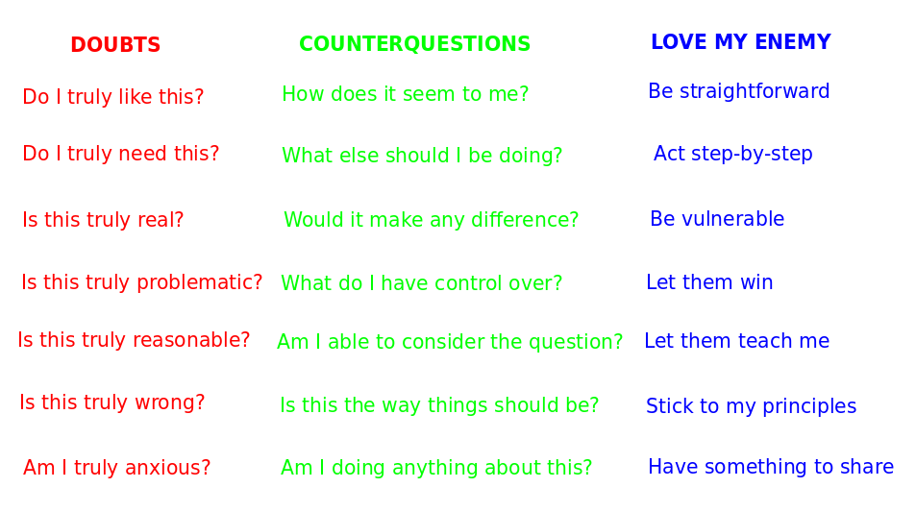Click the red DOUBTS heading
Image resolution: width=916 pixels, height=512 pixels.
tap(115, 45)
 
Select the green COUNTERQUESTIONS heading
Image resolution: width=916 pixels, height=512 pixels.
tap(415, 44)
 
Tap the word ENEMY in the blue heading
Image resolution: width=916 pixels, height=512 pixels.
tap(793, 42)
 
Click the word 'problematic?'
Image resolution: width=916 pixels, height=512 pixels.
tap(200, 282)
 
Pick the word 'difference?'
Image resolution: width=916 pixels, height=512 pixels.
tap(525, 220)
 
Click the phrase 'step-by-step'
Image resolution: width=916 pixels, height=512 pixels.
tap(752, 154)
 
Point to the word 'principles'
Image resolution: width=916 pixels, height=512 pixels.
tap(809, 406)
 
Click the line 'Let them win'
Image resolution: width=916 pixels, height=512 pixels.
tap(709, 282)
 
